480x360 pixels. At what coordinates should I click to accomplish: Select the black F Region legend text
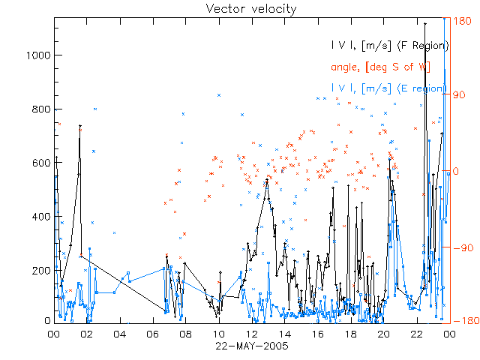(x=391, y=46)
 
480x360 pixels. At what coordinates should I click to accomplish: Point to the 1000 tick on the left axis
(x=38, y=55)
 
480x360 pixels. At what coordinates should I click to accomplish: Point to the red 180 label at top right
(x=461, y=22)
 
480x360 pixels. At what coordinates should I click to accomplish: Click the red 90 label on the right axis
(x=458, y=95)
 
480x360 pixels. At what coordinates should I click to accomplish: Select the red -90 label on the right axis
(x=460, y=247)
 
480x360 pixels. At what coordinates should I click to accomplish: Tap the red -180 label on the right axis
(x=463, y=321)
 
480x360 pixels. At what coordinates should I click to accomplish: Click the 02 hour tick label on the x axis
(x=87, y=334)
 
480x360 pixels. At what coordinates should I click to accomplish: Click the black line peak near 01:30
(x=80, y=126)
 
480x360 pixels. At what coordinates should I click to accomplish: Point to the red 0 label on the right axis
(x=455, y=171)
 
